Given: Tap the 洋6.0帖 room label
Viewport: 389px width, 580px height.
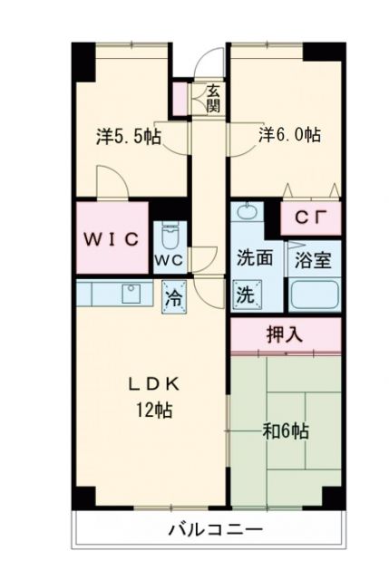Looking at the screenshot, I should pyautogui.click(x=289, y=135).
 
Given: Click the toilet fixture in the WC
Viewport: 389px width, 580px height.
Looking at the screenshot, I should pyautogui.click(x=170, y=238).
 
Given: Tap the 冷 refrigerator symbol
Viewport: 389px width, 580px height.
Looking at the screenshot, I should pyautogui.click(x=172, y=296).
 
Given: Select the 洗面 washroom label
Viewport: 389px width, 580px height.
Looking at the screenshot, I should pyautogui.click(x=256, y=256).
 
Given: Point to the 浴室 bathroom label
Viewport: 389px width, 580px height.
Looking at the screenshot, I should pyautogui.click(x=313, y=257).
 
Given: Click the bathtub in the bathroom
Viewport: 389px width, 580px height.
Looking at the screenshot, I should pyautogui.click(x=314, y=295).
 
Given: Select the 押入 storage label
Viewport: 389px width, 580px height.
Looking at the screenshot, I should pyautogui.click(x=286, y=334).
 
